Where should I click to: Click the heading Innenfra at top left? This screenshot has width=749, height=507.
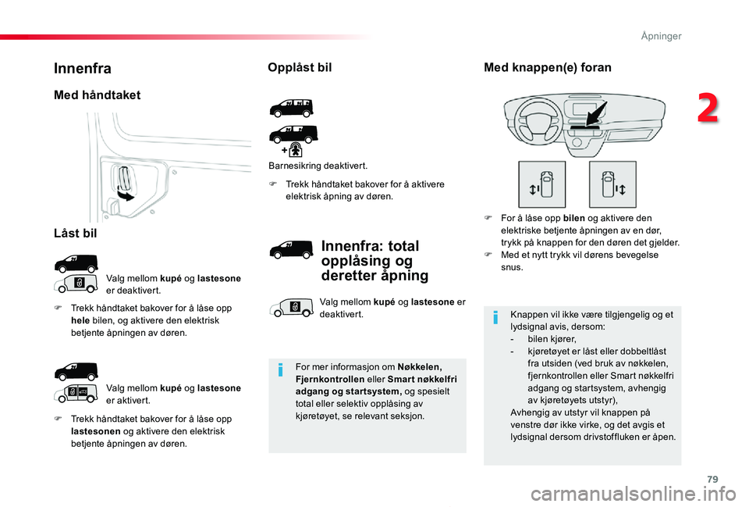(x=83, y=69)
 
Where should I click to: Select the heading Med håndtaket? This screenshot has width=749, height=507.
(x=97, y=95)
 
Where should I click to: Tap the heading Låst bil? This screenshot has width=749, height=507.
(x=76, y=232)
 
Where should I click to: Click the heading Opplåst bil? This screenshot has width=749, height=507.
(x=300, y=68)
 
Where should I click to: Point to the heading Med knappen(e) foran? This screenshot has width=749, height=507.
(x=548, y=68)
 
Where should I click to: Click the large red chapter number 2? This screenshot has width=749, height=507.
(x=708, y=109)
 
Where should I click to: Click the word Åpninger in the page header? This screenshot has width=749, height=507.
(x=661, y=36)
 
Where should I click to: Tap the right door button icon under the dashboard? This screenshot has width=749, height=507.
(x=612, y=185)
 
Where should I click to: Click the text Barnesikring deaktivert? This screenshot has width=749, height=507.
(x=318, y=166)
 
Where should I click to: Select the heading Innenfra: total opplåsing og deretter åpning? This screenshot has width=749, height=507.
(x=374, y=261)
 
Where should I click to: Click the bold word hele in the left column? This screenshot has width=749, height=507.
(x=81, y=320)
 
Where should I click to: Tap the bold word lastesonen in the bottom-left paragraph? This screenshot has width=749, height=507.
(x=95, y=430)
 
